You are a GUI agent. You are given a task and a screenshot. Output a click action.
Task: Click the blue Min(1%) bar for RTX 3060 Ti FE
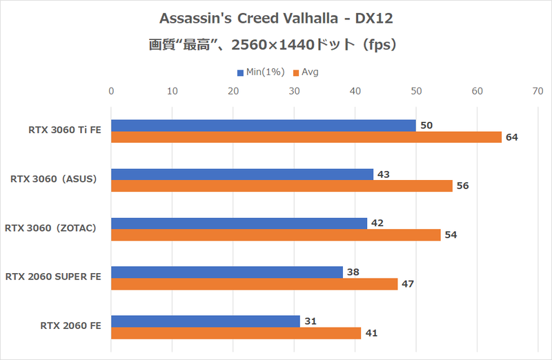pos(263,126)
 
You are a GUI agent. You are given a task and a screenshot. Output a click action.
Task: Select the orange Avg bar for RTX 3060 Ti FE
pos(306,137)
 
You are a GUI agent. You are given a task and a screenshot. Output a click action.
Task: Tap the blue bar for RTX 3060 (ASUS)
pos(241,174)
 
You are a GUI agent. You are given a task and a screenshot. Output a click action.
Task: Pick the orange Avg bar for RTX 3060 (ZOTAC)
pos(275,235)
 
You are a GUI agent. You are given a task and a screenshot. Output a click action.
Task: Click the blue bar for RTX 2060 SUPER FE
pos(226,272)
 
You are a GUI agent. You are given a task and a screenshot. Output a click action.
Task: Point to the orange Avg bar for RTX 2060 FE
pos(235,333)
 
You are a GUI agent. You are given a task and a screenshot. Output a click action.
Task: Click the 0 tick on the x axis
pos(111,91)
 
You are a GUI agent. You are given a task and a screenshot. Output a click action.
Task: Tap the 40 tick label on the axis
pos(355,91)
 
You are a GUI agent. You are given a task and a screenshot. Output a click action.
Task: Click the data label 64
pos(511,137)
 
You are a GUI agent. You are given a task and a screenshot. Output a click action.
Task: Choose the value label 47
pos(407,284)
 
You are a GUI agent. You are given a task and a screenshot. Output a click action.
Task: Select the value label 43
pos(383,174)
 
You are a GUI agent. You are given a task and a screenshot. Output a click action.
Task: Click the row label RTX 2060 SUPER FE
pos(53,277)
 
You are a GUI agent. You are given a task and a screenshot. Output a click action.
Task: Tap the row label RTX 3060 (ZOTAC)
pos(53,228)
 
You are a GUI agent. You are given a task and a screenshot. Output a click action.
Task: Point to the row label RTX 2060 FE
pos(70,326)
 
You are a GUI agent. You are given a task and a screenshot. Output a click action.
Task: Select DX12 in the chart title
pos(378,17)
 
